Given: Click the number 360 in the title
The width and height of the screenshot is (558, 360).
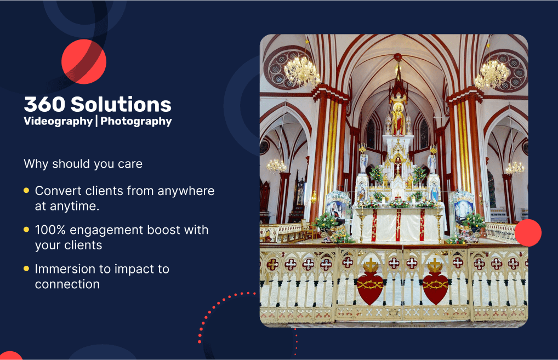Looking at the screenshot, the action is coord(45,104).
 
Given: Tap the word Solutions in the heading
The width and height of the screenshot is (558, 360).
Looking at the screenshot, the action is coord(121,104).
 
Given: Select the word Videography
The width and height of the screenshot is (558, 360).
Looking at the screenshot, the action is coord(58,121).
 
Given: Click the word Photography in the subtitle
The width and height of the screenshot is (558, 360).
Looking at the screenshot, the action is coord(136,121).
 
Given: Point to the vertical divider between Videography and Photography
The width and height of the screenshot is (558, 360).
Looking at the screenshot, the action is coord(97,121).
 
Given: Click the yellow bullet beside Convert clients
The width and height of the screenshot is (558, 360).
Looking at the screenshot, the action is coord(26,190).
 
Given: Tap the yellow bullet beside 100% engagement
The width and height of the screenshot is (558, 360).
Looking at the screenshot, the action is coord(26,230).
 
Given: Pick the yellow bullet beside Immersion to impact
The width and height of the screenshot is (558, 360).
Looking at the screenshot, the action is coord(26,268).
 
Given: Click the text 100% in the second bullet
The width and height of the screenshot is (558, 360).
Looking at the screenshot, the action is coord(50,230).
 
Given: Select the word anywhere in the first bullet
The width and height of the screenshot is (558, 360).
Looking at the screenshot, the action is coord(186,191).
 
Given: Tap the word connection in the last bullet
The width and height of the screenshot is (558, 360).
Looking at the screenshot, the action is coord(67,284).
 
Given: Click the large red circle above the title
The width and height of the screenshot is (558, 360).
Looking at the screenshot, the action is coord(84,61).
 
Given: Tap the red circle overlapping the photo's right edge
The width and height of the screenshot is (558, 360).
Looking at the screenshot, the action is coord(528,233).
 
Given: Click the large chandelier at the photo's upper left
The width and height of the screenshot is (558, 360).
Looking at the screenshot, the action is coord(302,71).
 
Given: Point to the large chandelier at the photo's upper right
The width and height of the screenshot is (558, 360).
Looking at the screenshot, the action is coord(492,75).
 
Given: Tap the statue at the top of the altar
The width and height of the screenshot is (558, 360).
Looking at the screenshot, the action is coord(398,118).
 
